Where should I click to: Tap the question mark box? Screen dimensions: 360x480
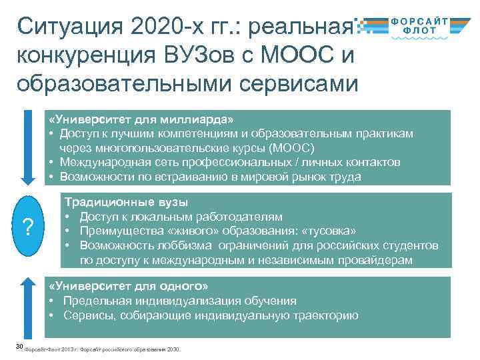point(27,227)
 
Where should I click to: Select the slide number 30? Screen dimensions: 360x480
point(19,346)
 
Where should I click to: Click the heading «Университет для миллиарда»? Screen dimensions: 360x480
point(141,119)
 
